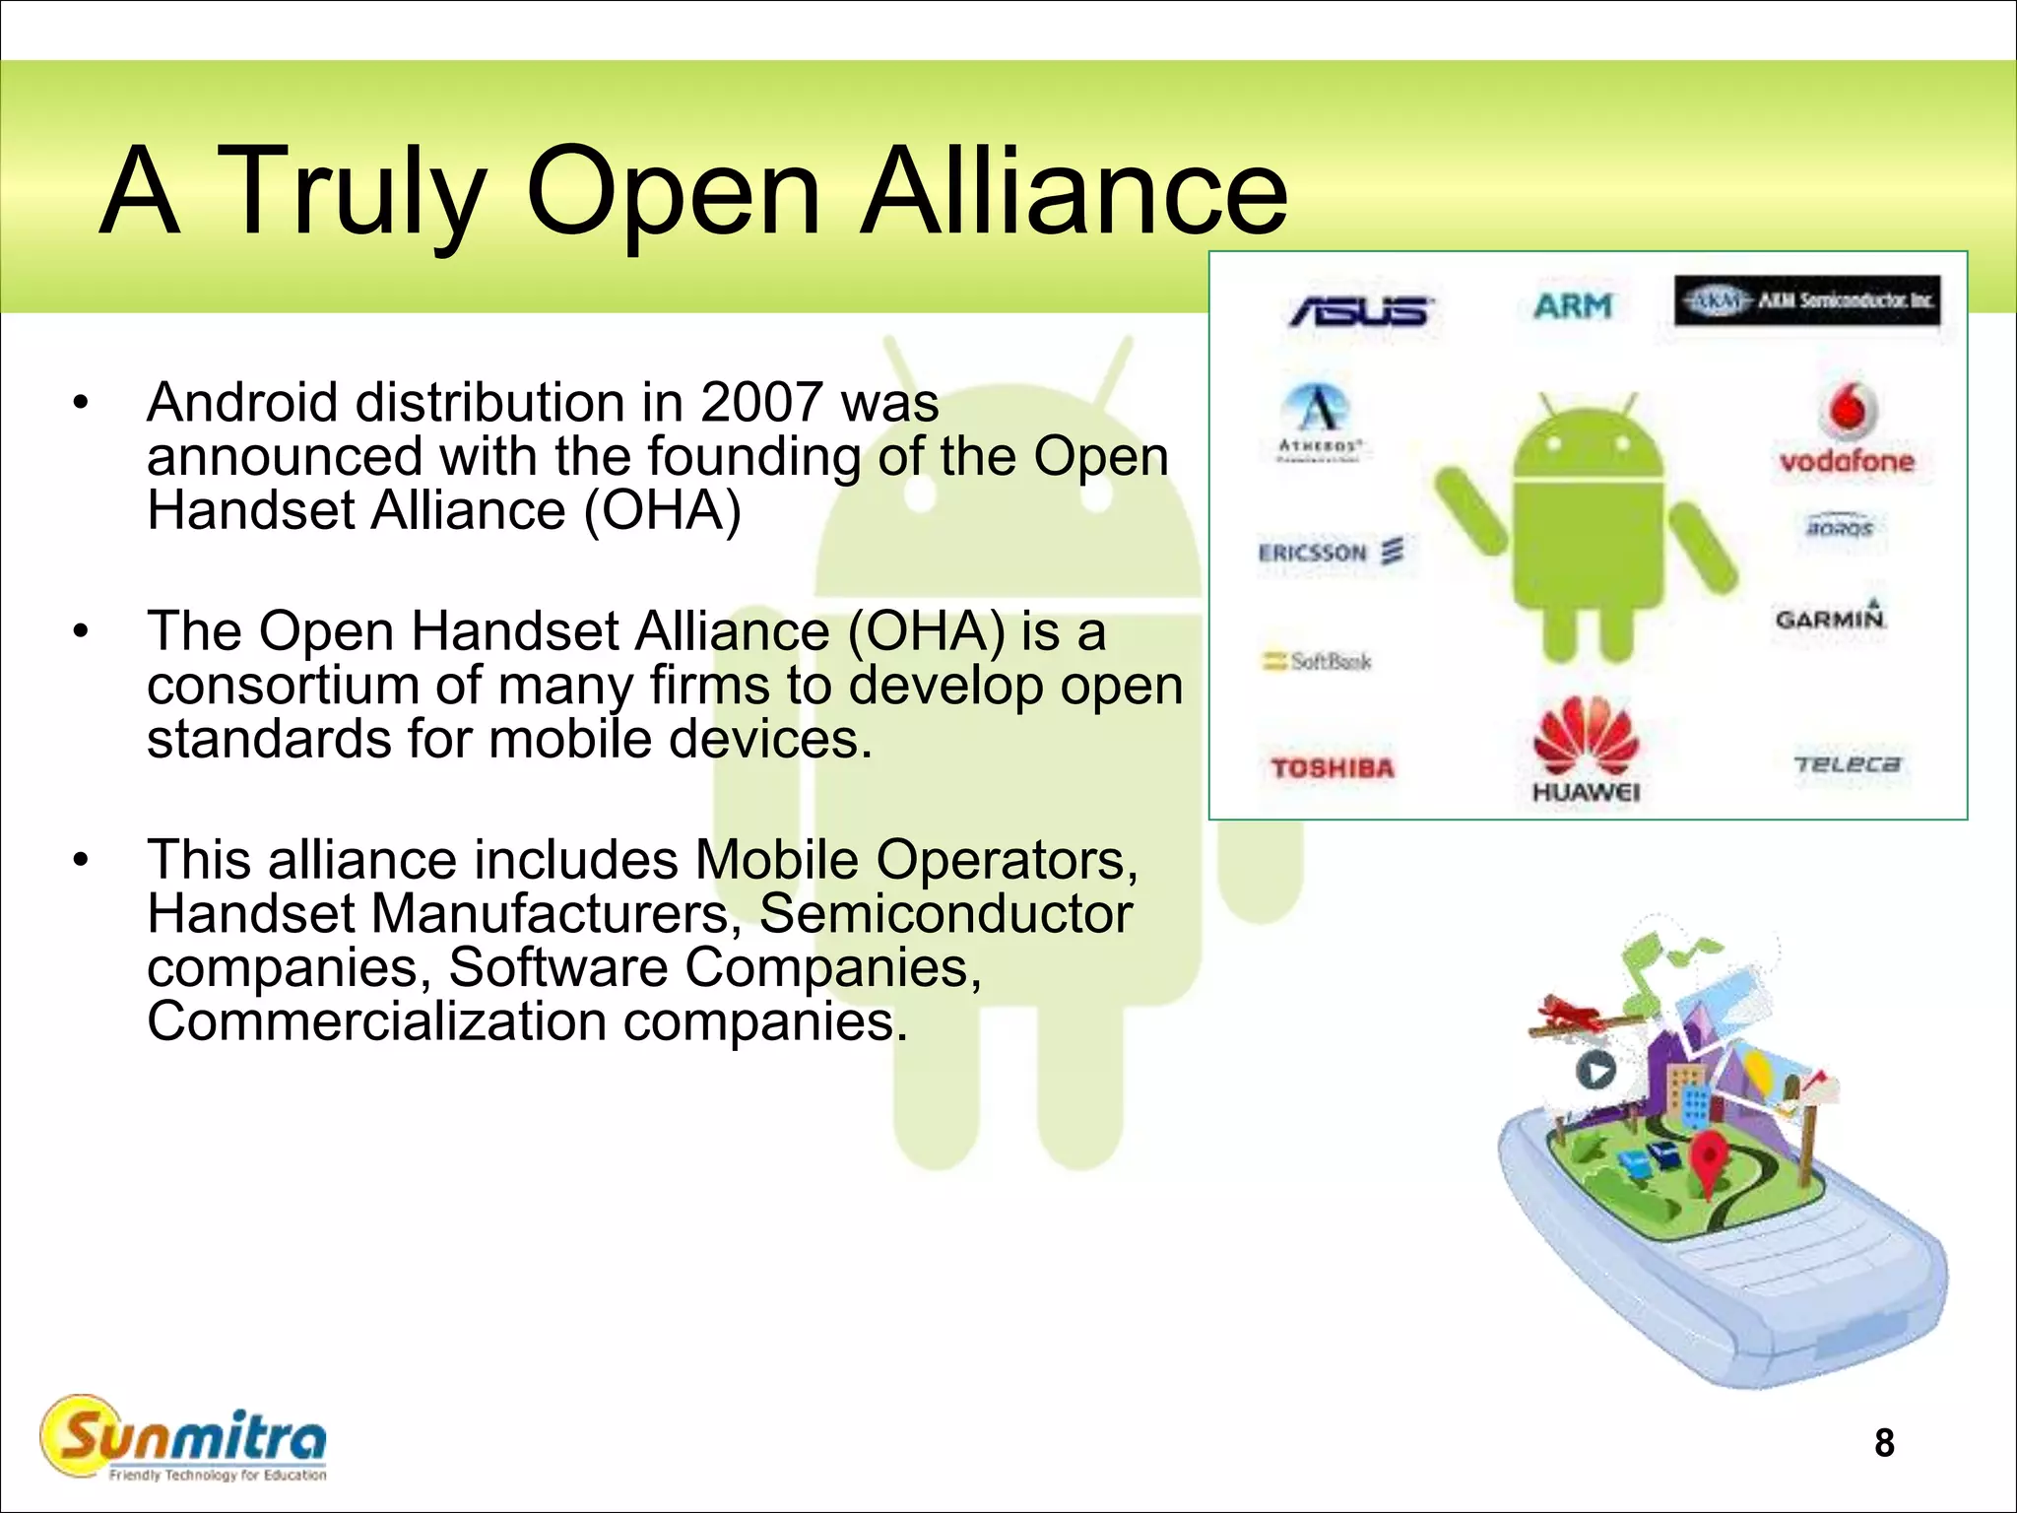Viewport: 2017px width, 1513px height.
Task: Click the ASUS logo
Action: (x=1361, y=311)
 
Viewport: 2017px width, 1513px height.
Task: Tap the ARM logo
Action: (x=1573, y=306)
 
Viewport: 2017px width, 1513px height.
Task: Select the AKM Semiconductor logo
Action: (x=1807, y=300)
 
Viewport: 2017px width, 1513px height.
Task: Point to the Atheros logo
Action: (x=1321, y=421)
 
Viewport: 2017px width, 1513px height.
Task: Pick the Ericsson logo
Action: (x=1331, y=552)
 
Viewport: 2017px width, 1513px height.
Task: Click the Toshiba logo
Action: (x=1333, y=767)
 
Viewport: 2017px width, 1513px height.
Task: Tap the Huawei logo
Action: (x=1586, y=749)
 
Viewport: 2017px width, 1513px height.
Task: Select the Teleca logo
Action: (x=1847, y=764)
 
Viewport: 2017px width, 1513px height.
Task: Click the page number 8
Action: (x=1883, y=1442)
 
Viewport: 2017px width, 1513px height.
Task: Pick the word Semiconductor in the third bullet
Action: (x=945, y=913)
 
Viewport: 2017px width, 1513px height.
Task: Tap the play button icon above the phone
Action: (x=1595, y=1070)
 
